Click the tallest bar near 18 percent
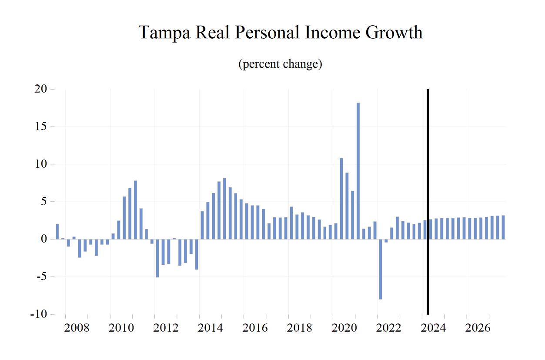(358, 171)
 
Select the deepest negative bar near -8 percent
(380, 269)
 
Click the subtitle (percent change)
(280, 64)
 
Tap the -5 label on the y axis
(41, 277)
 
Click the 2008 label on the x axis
(77, 328)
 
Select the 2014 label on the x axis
(211, 328)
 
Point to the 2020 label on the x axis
(344, 328)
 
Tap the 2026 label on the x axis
(478, 328)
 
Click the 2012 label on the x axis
(166, 328)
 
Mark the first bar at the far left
(57, 232)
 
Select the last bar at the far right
(503, 227)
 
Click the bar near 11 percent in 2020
(341, 199)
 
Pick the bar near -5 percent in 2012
(157, 258)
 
